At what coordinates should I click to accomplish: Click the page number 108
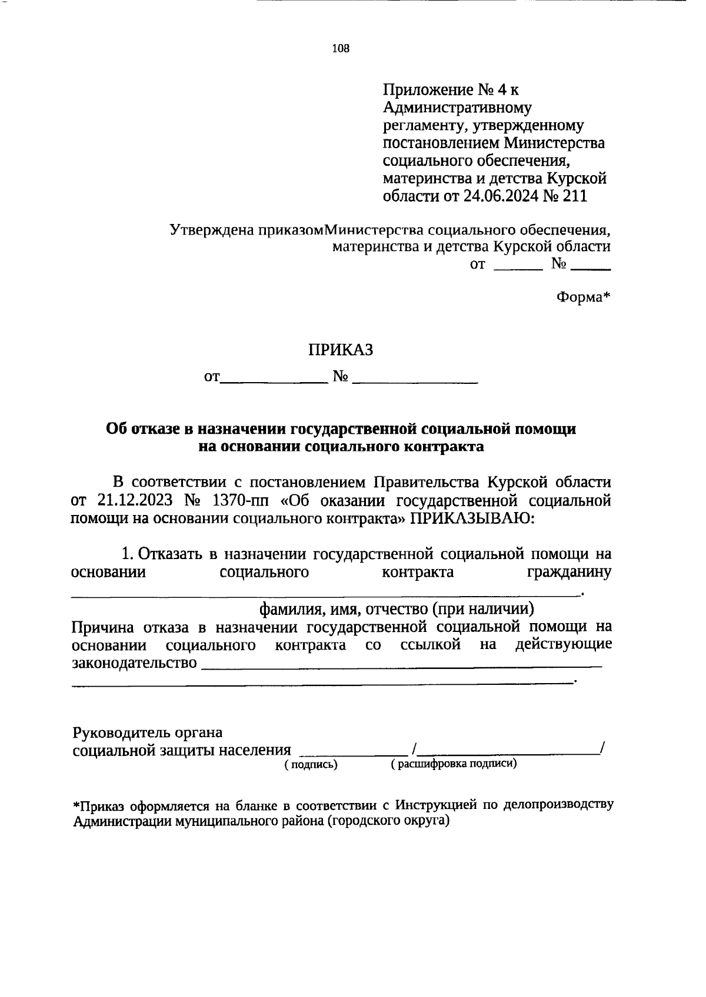click(x=341, y=49)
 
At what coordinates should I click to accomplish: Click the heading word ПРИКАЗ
click(x=341, y=350)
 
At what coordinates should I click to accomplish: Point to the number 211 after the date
click(x=574, y=196)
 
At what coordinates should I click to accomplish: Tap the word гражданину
click(x=568, y=572)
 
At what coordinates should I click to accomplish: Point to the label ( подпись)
click(x=311, y=764)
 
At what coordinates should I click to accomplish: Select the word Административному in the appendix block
click(x=457, y=108)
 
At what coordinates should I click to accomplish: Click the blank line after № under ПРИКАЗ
click(x=415, y=382)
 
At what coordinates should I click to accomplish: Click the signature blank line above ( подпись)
click(x=353, y=753)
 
